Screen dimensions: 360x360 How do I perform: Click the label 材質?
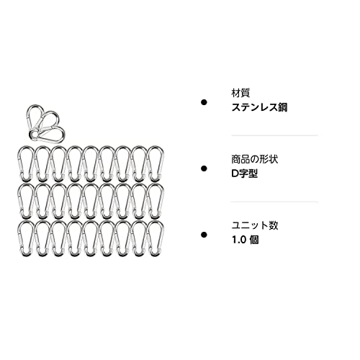[240, 93]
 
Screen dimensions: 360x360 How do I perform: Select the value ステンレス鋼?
[259, 107]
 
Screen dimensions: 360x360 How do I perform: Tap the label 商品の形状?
[255, 159]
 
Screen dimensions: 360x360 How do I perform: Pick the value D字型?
[245, 174]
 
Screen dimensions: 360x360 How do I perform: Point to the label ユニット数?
[255, 225]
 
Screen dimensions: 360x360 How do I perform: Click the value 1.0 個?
[245, 240]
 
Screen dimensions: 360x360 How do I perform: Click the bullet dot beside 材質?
[204, 102]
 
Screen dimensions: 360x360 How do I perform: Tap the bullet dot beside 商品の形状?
[204, 168]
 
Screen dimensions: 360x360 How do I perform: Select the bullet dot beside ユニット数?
[204, 235]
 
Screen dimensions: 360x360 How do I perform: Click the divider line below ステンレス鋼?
[274, 135]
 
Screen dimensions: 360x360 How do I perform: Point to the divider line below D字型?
[274, 202]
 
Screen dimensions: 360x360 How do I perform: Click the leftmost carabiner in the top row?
[18, 163]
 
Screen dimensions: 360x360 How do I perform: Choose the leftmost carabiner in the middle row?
[18, 200]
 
